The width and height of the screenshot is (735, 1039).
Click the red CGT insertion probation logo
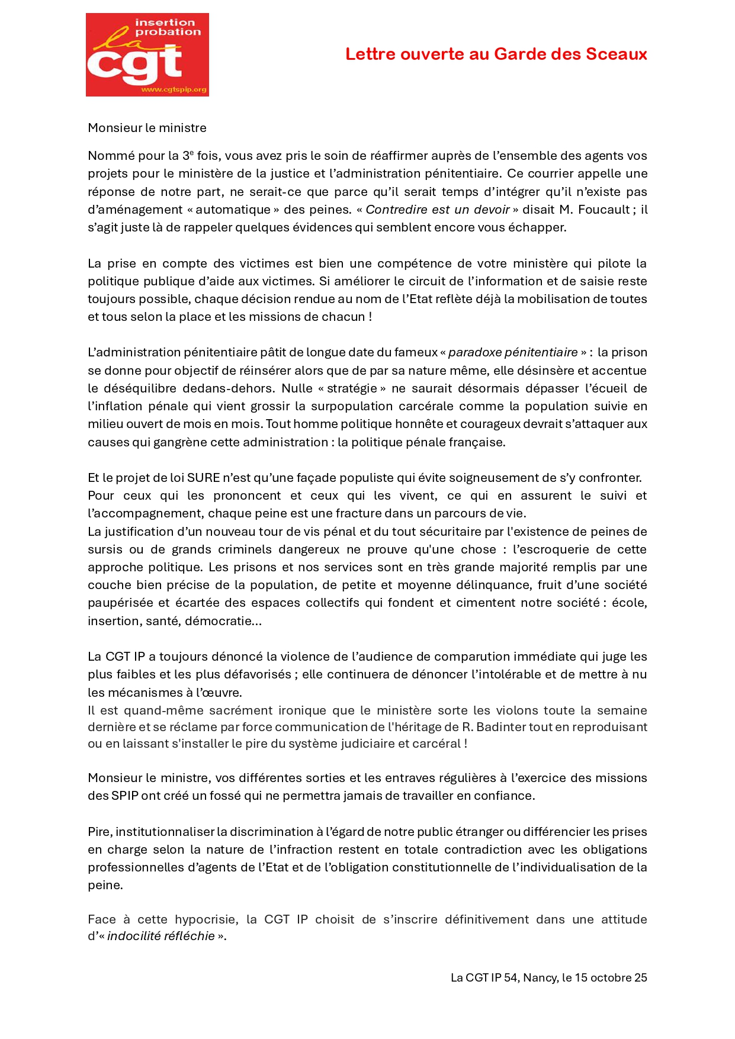(x=147, y=54)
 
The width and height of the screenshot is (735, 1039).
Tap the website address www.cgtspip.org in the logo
(x=174, y=90)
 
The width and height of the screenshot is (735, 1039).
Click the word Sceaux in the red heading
(x=616, y=54)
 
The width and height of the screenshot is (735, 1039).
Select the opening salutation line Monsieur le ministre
(x=147, y=128)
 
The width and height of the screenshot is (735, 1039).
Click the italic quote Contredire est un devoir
(x=437, y=210)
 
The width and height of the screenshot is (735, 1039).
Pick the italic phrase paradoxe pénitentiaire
(x=513, y=352)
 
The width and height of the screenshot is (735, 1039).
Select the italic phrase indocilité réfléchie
(x=161, y=936)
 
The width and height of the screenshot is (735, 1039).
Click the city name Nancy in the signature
(x=540, y=977)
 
